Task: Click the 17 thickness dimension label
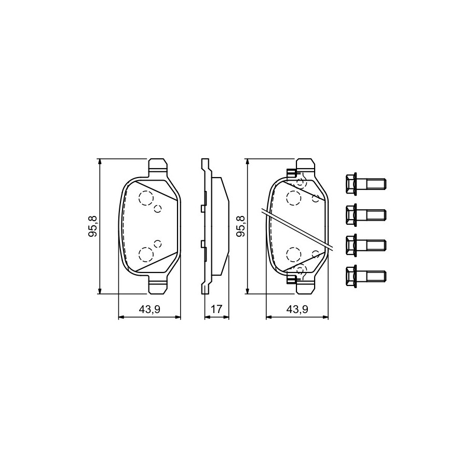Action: pos(216,309)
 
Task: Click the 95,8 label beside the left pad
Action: pos(93,226)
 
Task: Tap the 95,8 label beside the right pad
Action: pos(241,226)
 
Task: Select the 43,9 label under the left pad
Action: pos(150,309)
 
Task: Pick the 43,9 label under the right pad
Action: pos(297,309)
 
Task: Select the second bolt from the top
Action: pos(365,214)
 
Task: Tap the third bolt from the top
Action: pos(365,245)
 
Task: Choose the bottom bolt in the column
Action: pos(365,275)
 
